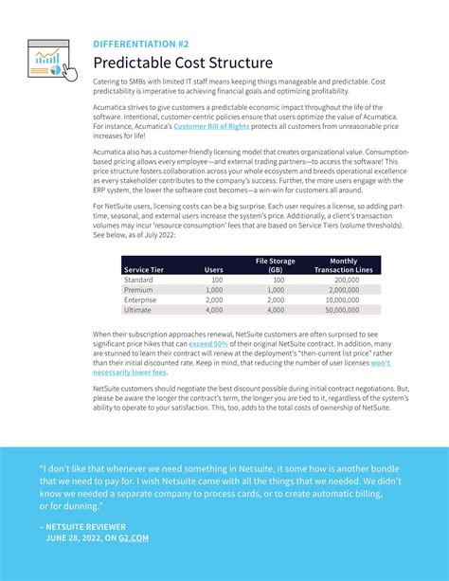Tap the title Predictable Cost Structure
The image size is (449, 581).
tap(182, 63)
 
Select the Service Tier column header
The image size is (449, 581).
tap(144, 270)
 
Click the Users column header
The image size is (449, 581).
tap(214, 270)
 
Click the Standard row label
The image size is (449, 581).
tap(139, 281)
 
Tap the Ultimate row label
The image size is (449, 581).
tap(138, 310)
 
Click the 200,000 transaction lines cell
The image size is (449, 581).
tap(347, 281)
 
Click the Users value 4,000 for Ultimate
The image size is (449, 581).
tap(214, 310)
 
